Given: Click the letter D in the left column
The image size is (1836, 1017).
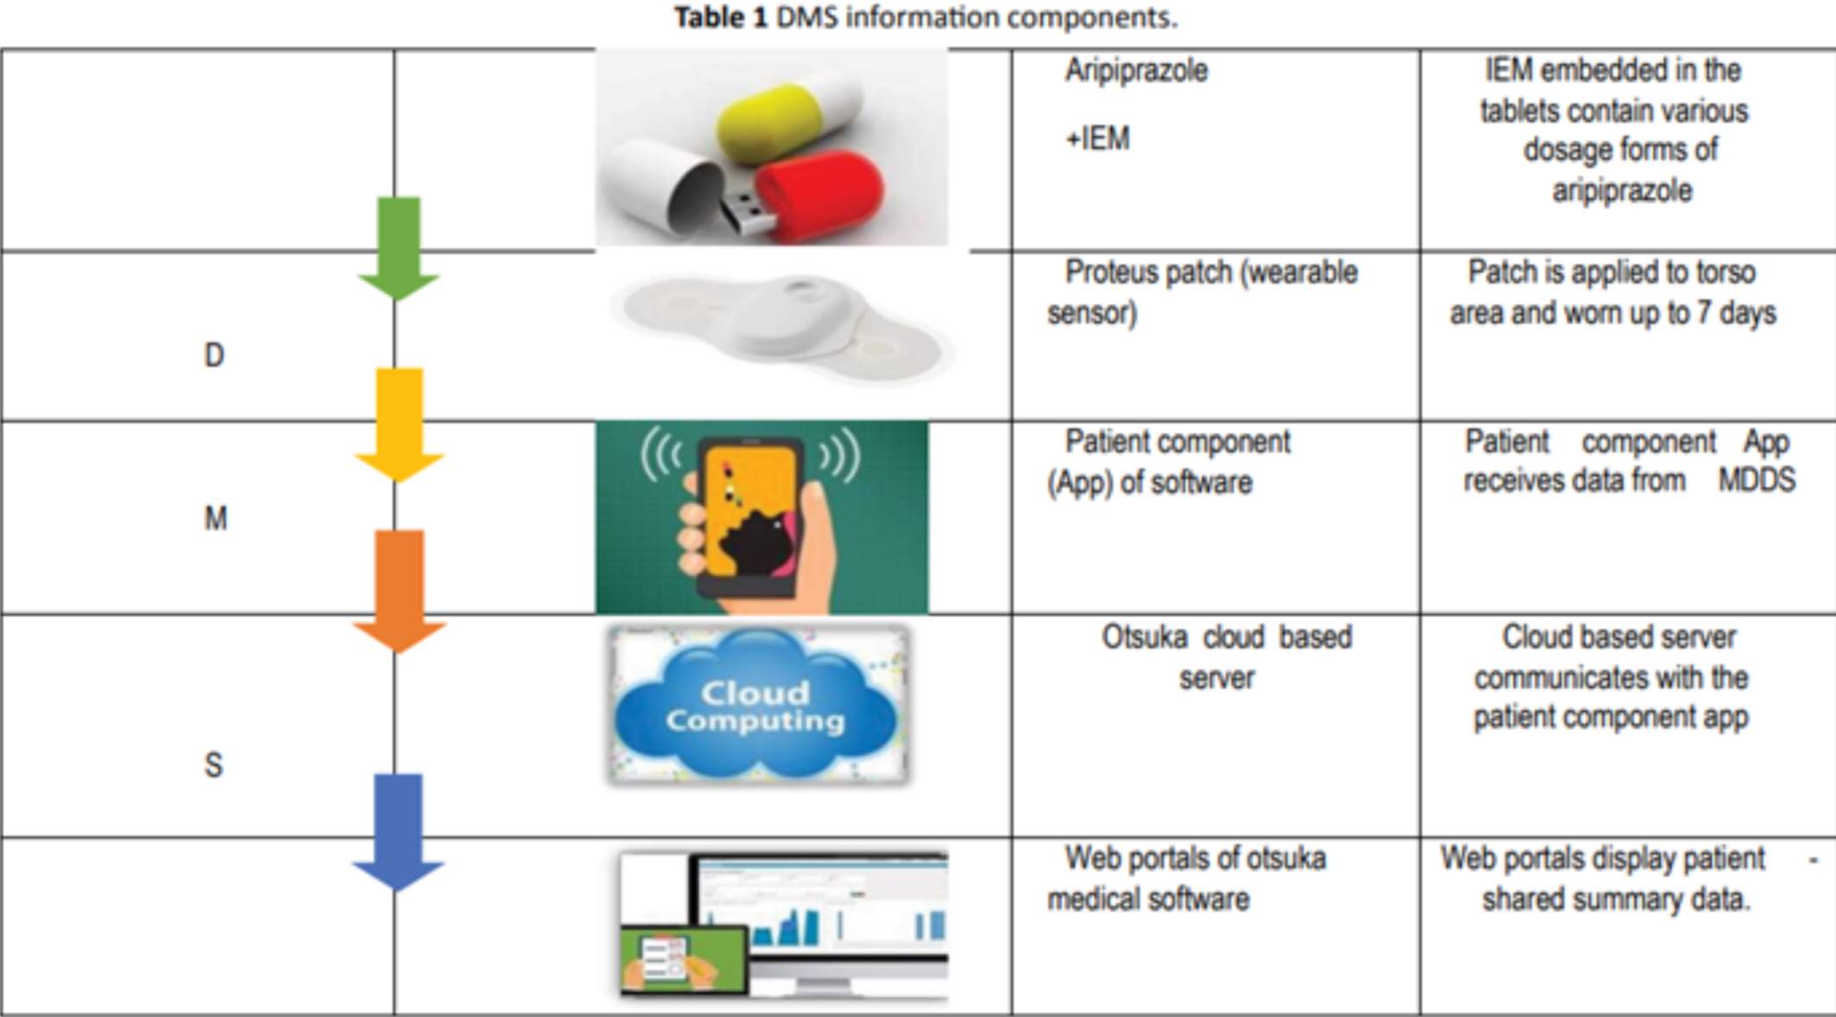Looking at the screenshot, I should (214, 355).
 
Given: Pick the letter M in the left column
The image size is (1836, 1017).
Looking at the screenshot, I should (215, 519).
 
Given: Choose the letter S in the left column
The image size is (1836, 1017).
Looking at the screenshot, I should (213, 765).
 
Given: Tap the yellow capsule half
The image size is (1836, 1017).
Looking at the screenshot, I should (783, 126).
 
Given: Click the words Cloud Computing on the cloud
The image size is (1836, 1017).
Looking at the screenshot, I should (755, 706).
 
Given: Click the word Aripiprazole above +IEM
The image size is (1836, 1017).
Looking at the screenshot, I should (1136, 71).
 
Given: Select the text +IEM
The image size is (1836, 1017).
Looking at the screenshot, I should (1097, 139).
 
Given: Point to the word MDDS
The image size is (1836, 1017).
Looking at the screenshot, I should (1756, 480).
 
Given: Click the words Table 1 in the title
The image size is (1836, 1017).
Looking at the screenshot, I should (721, 17).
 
